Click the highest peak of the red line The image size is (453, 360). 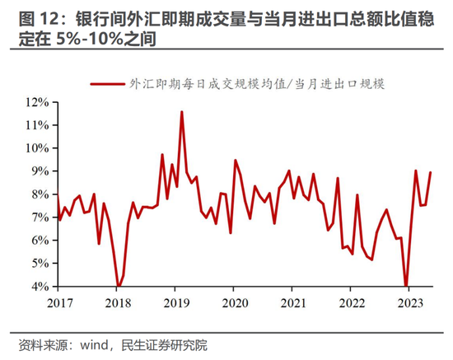pyautogui.click(x=181, y=112)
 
